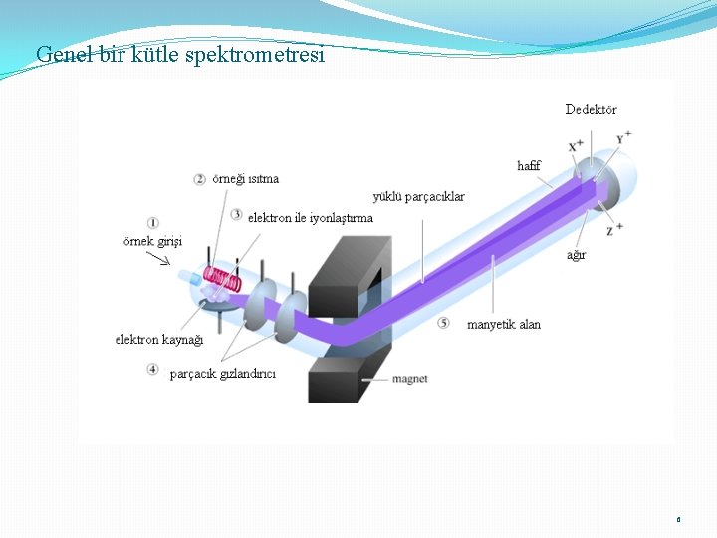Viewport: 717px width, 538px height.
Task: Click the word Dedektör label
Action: coord(591,109)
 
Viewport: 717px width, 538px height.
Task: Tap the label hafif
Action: coord(529,166)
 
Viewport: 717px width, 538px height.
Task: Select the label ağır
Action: coord(577,255)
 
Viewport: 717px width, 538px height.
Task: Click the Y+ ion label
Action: coord(624,137)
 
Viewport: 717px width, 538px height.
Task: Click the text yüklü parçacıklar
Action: coord(418,197)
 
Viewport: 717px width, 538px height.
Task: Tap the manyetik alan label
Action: coord(504,325)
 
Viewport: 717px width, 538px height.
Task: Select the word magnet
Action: coord(410,379)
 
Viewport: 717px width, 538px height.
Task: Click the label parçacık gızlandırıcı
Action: coord(223,374)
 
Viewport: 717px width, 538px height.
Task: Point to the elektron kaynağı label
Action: coord(159,340)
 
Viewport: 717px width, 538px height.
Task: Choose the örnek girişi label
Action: coord(152,241)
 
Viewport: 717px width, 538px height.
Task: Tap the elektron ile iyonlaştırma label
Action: coord(311,217)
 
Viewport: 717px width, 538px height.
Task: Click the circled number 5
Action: coord(443,324)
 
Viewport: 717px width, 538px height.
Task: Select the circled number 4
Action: coord(152,370)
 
